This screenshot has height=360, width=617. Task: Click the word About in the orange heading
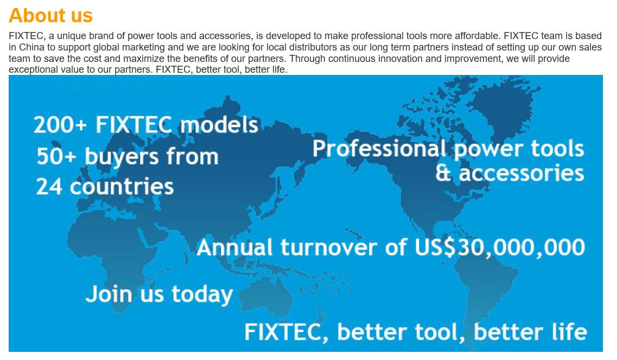click(31, 16)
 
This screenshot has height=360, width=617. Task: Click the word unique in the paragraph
click(72, 36)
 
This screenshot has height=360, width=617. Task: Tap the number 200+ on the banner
click(60, 125)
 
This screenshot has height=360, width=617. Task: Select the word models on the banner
click(219, 124)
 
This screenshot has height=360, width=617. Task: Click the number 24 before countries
click(49, 187)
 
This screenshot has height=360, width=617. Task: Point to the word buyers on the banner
click(122, 157)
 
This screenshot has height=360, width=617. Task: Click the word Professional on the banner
click(379, 149)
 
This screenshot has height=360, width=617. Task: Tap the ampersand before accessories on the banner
click(443, 173)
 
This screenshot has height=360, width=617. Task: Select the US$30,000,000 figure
click(500, 248)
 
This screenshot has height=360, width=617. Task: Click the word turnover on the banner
click(328, 248)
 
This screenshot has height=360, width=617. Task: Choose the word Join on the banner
click(109, 295)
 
